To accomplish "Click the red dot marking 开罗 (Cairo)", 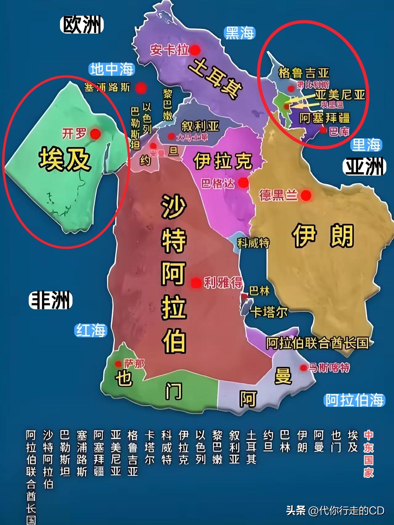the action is (95, 133).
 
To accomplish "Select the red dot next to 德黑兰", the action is (306, 195).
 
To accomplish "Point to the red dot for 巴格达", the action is (243, 183).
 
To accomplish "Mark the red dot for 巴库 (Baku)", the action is (323, 130).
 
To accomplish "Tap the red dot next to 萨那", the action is (118, 364).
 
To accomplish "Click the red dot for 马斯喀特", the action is (304, 367).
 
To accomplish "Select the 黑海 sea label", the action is (239, 33).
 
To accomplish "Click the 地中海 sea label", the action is (112, 69).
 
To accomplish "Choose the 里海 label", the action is (366, 145).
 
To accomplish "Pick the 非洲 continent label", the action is (51, 300).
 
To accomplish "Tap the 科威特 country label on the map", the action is (253, 243).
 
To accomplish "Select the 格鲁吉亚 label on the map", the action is (304, 73).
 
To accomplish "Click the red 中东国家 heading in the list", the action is (368, 455).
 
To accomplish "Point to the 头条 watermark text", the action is (295, 511).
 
